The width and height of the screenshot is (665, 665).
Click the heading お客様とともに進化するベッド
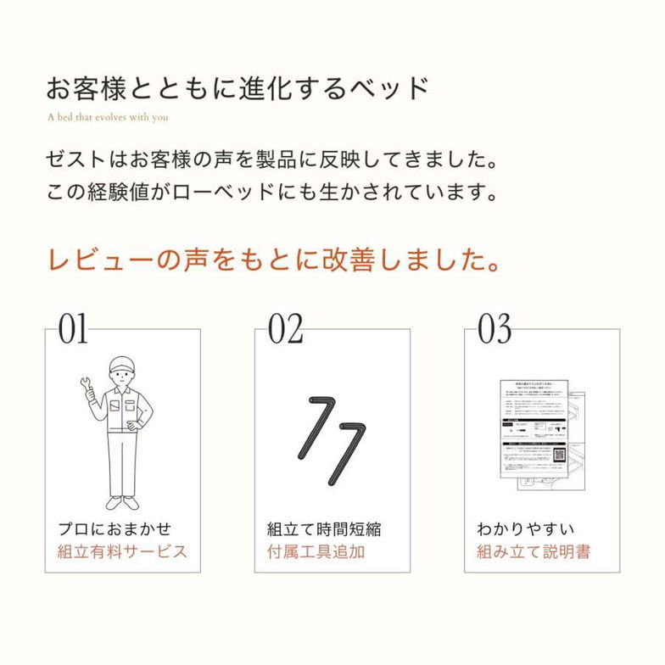237,87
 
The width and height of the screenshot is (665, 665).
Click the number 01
73,329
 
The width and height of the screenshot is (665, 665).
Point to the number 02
285,329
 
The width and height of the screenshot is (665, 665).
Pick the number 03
495,329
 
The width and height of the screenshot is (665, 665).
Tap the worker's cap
122,365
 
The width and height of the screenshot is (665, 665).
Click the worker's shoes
121,502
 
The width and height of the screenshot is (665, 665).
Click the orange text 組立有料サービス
122,551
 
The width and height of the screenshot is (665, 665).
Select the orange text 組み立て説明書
534,551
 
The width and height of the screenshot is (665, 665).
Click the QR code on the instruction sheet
559,455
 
